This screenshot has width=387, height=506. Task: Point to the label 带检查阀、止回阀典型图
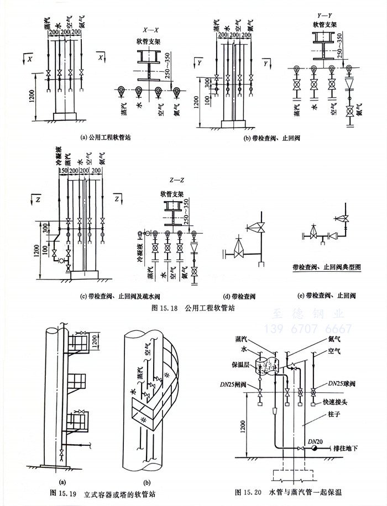pyautogui.click(x=327, y=267)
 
